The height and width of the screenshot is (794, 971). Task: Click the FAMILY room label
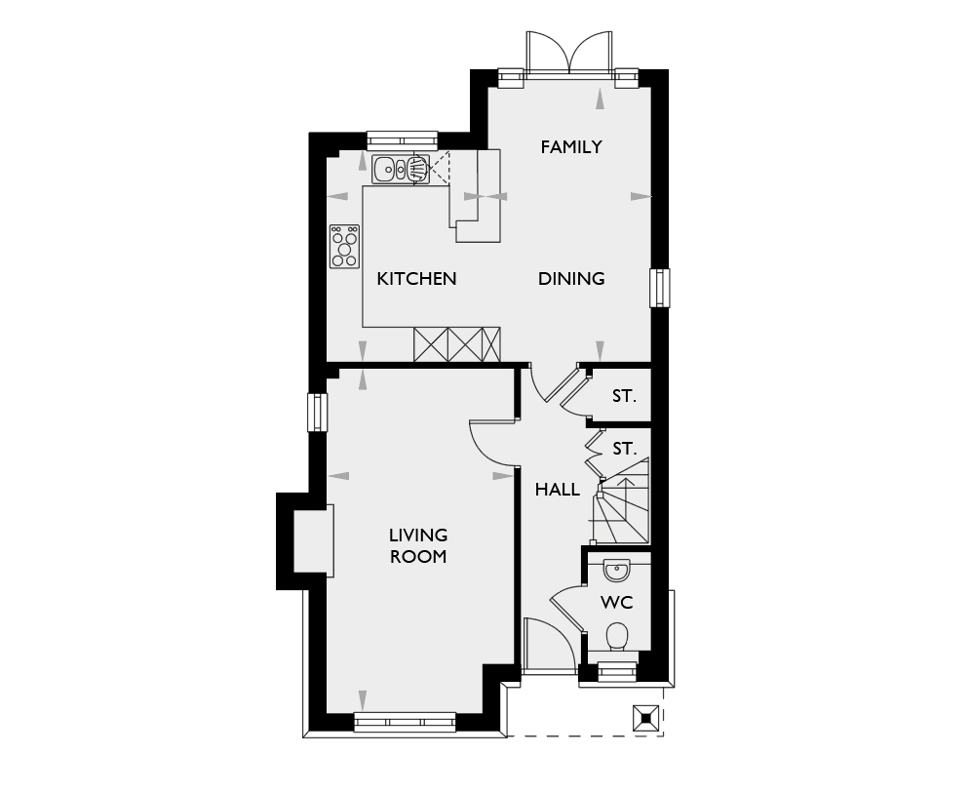pos(571,147)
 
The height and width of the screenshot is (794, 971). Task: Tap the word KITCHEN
pos(416,279)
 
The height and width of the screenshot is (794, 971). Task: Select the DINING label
pos(571,279)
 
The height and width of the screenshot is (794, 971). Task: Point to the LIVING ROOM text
pos(418,546)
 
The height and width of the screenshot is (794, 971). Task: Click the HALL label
pos(558,490)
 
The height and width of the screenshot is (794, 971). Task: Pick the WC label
pos(616,603)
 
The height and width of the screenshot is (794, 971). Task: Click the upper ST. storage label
pos(624,397)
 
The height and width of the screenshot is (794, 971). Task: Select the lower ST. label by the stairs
pos(624,450)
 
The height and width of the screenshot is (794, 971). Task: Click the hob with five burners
pos(344,246)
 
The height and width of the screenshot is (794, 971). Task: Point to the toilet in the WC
pos(616,637)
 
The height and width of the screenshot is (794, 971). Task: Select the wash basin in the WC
pos(616,569)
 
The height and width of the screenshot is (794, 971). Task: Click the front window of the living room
pos(405,723)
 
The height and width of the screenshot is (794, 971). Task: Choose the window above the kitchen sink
pos(402,139)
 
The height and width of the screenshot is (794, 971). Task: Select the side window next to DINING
pos(660,288)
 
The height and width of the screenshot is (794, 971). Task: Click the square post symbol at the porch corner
pos(644,717)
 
